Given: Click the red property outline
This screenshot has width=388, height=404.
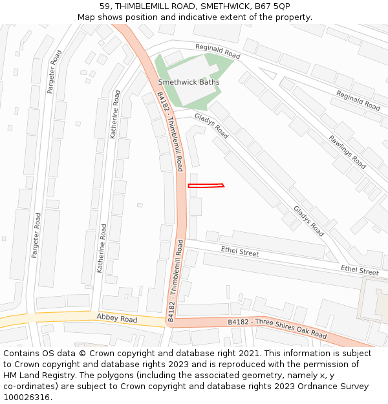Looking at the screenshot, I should point(206,186).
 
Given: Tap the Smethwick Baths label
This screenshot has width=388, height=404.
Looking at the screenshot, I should point(189,82).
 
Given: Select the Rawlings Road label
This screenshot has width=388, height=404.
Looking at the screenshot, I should point(347,152).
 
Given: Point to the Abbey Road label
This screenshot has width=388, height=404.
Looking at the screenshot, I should point(117,319).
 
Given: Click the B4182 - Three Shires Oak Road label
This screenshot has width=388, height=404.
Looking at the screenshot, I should point(277,328).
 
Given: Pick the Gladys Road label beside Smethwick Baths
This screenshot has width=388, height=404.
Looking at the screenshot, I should point(211,127).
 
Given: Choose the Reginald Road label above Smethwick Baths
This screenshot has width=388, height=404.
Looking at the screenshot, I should point(218,52).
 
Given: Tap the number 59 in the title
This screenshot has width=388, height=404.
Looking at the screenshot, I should point(105,6).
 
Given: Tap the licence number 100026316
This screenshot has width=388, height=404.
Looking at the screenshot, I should point(27,398).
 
